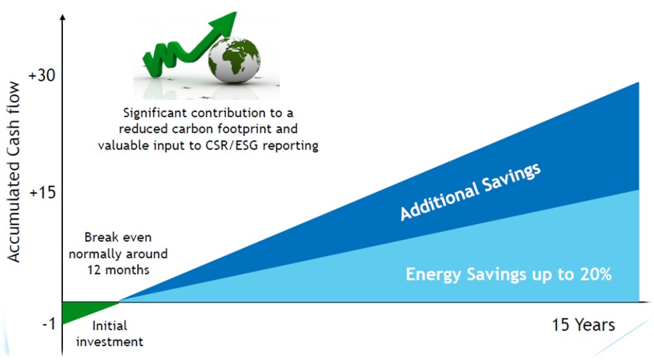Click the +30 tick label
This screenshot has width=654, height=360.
point(42,76)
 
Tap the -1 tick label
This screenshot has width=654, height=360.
point(49,324)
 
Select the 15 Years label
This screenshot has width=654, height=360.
point(583,325)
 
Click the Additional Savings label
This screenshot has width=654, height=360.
point(470,192)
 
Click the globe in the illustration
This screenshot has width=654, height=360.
point(234,60)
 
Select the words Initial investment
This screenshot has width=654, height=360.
point(110,334)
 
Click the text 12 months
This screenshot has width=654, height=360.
point(118,270)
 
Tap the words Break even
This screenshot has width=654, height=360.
point(118,238)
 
